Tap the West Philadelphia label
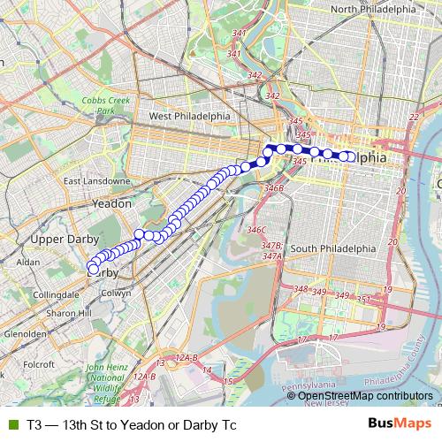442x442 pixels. pyautogui.click(x=189, y=116)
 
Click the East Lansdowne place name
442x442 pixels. pyautogui.click(x=96, y=181)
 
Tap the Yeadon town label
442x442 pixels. pyautogui.click(x=112, y=203)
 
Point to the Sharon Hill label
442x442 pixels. pyautogui.click(x=68, y=313)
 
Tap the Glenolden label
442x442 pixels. pyautogui.click(x=25, y=334)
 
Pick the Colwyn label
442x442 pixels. pyautogui.click(x=116, y=293)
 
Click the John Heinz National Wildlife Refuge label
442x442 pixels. pyautogui.click(x=110, y=383)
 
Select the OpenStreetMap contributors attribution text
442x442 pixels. pyautogui.click(x=365, y=396)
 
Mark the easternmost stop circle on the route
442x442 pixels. pyautogui.click(x=351, y=157)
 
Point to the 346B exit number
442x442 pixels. pyautogui.click(x=274, y=187)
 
